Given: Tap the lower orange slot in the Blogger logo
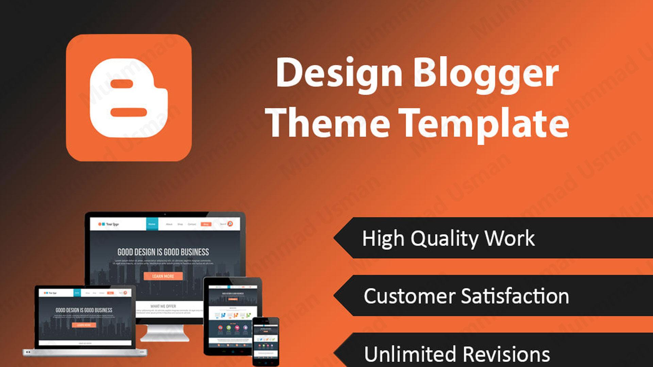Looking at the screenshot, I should (x=129, y=112).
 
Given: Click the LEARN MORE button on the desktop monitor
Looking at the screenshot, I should (x=163, y=276).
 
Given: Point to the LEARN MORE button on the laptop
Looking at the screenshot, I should (x=84, y=325).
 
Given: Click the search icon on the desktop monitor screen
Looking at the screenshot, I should (x=230, y=224).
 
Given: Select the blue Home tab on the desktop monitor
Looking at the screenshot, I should (x=152, y=224).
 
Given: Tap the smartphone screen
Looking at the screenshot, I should (x=266, y=340).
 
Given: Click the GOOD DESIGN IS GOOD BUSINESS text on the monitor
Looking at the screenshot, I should (x=163, y=252).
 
